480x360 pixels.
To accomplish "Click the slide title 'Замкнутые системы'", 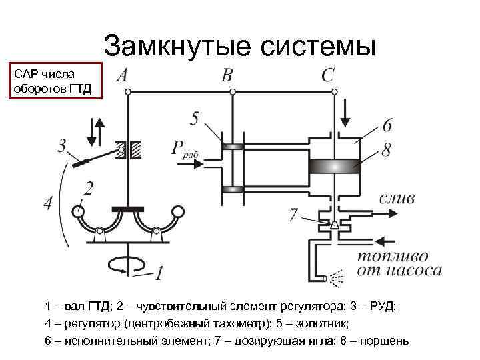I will tap(240, 46).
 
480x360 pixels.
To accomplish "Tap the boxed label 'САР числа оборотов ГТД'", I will tap(53, 81).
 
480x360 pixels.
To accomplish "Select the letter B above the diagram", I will tap(227, 75).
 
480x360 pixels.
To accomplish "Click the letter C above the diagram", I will tap(327, 75).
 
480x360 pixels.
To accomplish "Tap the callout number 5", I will tap(193, 119).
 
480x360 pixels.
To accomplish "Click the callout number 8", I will tap(385, 150).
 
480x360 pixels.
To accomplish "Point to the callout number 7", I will tap(293, 215).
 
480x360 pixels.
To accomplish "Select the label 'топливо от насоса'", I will tap(399, 263).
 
